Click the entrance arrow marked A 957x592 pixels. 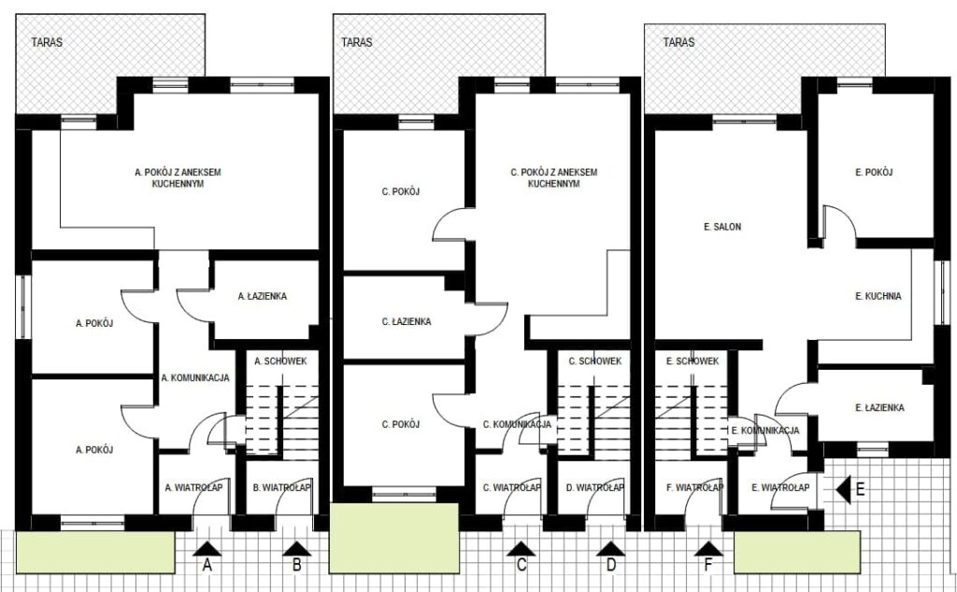click(207, 549)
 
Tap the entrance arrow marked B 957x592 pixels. click(297, 549)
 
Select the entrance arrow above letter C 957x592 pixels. click(521, 549)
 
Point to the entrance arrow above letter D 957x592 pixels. click(611, 549)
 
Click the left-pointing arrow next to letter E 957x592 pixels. click(844, 489)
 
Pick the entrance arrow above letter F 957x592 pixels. click(708, 549)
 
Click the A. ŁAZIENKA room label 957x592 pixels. click(263, 296)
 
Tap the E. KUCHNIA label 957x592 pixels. click(878, 296)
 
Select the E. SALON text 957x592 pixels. click(722, 227)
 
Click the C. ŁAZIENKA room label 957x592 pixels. click(407, 321)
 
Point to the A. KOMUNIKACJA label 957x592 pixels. click(195, 378)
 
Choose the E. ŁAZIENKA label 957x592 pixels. click(880, 408)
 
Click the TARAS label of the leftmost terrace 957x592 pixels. click(47, 42)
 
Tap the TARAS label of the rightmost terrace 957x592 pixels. click(678, 42)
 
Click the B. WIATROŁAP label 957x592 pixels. click(282, 487)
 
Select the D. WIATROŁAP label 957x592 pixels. click(595, 487)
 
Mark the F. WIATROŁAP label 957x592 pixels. click(695, 487)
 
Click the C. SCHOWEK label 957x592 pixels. click(595, 361)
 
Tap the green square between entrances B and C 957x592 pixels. click(394, 539)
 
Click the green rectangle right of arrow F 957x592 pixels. click(797, 553)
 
